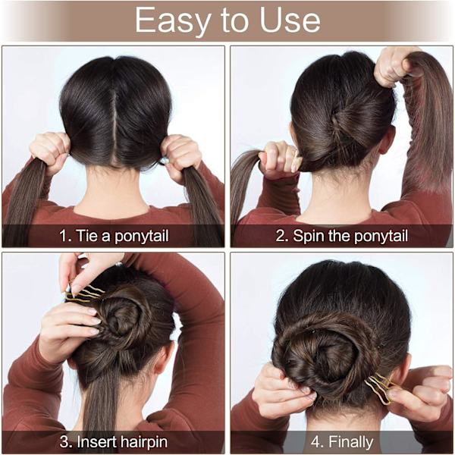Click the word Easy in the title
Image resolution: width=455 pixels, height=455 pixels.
173,20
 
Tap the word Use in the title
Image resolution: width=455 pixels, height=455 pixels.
290,20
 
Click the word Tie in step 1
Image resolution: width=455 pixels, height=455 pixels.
86,235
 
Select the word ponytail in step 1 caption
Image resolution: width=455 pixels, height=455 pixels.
141,237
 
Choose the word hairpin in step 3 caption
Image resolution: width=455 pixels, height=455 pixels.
143,443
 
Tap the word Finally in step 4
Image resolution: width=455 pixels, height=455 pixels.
351,443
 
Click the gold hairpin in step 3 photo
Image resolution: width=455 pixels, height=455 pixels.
84,293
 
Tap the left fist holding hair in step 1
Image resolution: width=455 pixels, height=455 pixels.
50,152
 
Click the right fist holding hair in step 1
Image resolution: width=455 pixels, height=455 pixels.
181,157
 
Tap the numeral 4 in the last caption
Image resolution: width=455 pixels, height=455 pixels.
315,442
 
